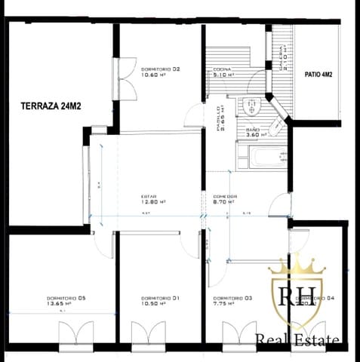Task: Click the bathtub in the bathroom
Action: coord(261,159)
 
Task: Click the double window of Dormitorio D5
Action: coord(76,333)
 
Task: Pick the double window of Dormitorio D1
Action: coord(148,333)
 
